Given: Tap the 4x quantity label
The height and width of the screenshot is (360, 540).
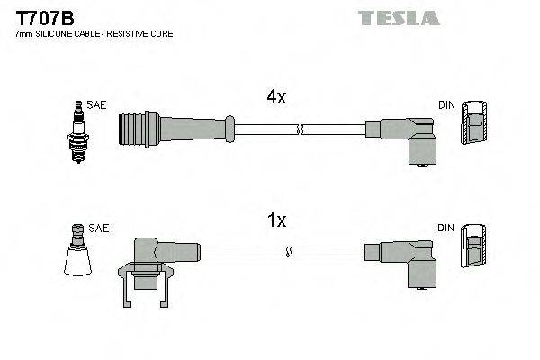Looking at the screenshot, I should click(x=274, y=98).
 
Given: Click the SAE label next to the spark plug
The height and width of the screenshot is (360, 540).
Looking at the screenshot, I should click(x=97, y=105).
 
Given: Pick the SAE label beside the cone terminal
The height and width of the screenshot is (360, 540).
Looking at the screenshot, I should click(x=99, y=229).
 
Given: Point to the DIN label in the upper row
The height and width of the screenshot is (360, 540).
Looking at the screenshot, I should click(x=446, y=106).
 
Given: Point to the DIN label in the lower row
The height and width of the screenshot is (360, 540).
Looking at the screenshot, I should click(x=446, y=229).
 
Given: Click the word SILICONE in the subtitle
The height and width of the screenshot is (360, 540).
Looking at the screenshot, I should click(x=55, y=33).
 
